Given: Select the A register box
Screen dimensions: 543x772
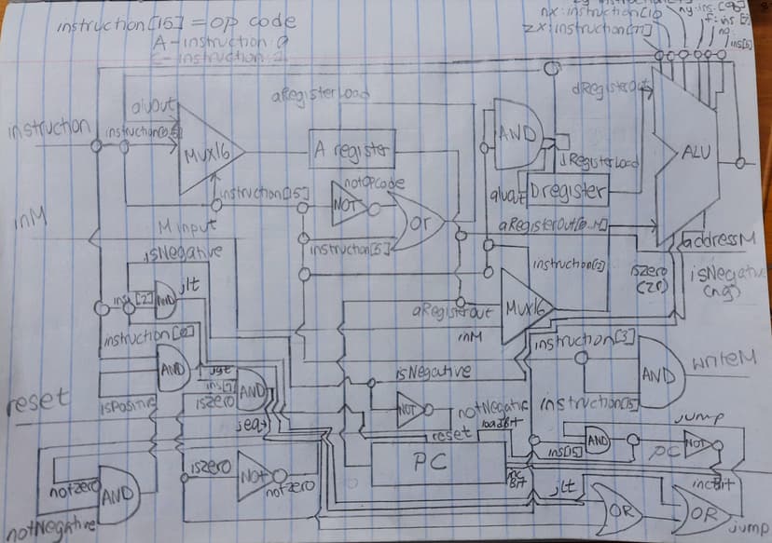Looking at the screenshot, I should click(x=352, y=149).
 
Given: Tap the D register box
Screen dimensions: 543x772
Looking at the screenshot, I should click(x=568, y=193).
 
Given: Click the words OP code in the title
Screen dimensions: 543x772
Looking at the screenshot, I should click(x=258, y=21).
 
